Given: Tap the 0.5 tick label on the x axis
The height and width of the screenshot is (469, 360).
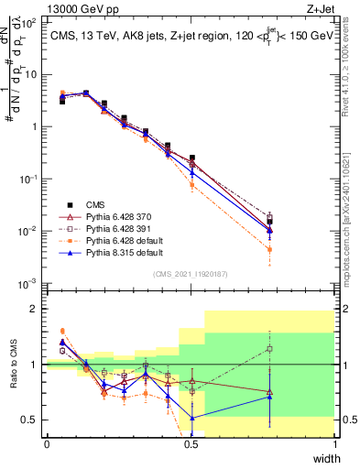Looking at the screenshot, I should [191, 444].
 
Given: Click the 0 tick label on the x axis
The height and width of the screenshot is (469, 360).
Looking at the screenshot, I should [47, 444].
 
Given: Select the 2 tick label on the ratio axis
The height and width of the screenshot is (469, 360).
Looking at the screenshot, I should [34, 309].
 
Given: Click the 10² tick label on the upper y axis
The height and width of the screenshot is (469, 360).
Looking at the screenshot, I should [29, 22].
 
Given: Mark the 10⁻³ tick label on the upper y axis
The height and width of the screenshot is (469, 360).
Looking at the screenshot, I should [29, 283].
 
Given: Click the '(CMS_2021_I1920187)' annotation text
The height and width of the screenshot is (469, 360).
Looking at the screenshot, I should [191, 273].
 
